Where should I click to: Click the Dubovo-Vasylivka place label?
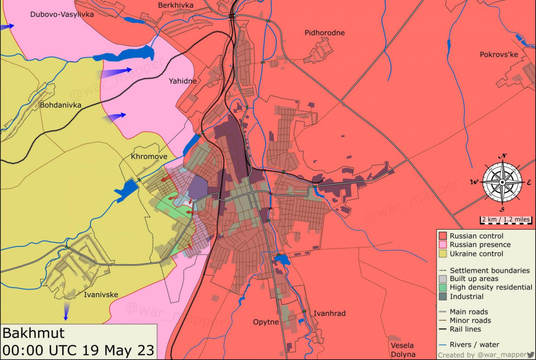(62, 14)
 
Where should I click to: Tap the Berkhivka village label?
(175, 5)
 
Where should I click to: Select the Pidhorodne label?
(325, 32)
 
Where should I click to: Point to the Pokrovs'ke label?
(499, 54)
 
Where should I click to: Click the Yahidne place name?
(183, 81)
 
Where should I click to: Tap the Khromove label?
(149, 156)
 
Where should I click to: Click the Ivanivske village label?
(101, 295)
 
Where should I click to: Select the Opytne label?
(266, 322)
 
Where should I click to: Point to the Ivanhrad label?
(329, 313)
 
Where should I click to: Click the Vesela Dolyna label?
(402, 350)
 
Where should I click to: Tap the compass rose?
(502, 182)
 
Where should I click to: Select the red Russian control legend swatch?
(443, 236)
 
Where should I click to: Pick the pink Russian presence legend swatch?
(443, 245)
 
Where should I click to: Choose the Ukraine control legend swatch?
(443, 254)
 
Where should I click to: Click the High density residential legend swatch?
(443, 287)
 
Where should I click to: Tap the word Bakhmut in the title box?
(33, 333)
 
